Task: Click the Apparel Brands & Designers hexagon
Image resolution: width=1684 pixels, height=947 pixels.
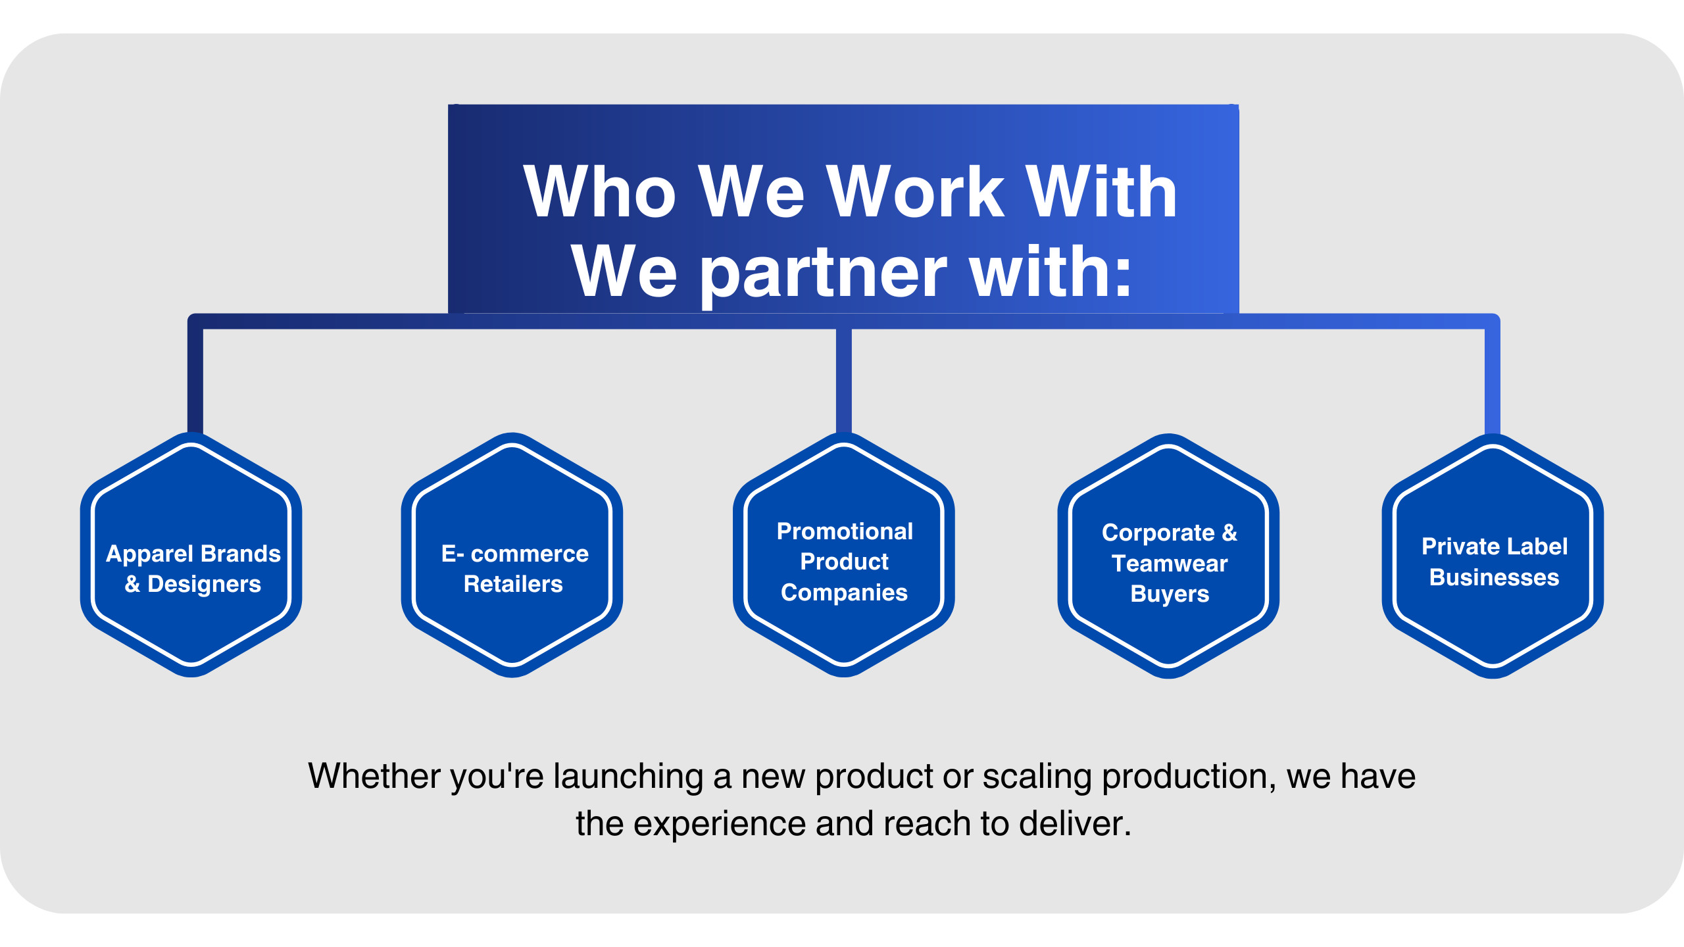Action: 191,554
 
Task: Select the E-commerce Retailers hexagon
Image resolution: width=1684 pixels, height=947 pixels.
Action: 512,554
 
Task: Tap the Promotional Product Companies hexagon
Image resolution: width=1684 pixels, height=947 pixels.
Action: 843,554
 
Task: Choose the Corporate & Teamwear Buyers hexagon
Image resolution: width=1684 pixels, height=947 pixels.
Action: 1168,556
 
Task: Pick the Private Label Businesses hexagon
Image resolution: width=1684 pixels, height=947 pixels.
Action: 1493,556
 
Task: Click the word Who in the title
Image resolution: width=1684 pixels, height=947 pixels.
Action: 599,191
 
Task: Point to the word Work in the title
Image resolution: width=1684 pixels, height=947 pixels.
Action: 915,191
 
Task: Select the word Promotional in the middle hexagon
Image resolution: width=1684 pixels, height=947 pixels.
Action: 845,531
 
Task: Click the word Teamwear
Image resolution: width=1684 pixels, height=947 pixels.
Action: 1170,564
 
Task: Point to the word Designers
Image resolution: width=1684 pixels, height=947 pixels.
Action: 204,585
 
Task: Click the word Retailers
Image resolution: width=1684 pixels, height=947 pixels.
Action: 513,584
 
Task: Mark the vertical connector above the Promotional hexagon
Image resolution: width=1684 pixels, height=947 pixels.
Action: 843,381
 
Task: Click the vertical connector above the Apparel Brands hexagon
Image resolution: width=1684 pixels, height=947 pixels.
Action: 195,381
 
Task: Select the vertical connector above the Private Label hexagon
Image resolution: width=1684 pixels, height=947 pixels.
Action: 1493,381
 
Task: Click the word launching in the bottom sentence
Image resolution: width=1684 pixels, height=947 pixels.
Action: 628,777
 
